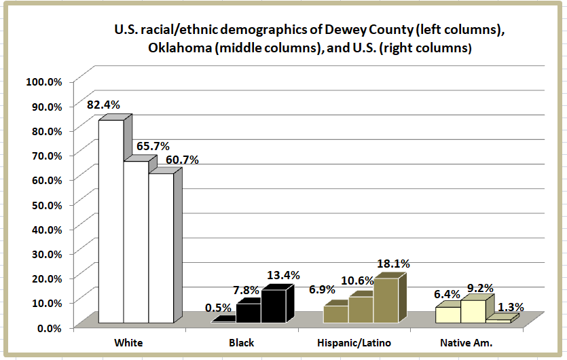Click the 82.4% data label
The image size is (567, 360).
coord(104,105)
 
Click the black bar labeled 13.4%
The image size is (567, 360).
coord(274,306)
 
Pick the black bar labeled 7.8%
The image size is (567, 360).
coord(249,312)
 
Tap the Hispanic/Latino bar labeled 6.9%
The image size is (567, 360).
coord(335,314)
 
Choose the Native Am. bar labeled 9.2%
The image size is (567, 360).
coord(473,311)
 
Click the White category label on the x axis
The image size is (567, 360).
coord(129,342)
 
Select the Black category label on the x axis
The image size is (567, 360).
coord(241,342)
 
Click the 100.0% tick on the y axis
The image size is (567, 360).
coord(44,82)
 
